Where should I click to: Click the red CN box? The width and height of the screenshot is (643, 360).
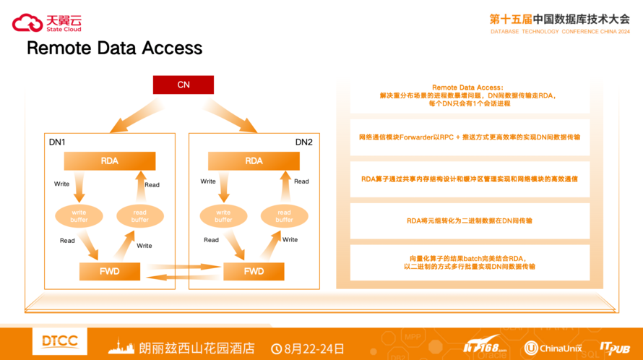click(x=184, y=85)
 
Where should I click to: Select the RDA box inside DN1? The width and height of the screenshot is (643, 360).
click(x=110, y=160)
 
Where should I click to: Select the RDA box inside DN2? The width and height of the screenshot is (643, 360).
click(x=254, y=160)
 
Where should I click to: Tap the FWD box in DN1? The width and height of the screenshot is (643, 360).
click(x=109, y=272)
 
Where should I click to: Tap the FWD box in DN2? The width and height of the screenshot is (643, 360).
click(x=254, y=272)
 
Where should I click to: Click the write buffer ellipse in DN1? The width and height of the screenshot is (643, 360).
click(x=79, y=215)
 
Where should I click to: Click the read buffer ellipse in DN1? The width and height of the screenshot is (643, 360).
click(x=140, y=215)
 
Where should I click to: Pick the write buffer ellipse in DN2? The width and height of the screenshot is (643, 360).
click(x=223, y=215)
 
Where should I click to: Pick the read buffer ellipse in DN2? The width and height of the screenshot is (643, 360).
click(x=284, y=215)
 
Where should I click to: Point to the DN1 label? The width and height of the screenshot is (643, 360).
click(x=57, y=142)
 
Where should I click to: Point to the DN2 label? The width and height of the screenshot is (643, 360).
click(x=304, y=142)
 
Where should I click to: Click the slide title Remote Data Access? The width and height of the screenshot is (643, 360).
click(x=114, y=48)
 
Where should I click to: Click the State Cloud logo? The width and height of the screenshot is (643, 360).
click(x=47, y=23)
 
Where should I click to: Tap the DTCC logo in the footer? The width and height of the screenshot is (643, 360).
click(x=60, y=342)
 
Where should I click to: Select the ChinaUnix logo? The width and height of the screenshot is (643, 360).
click(x=553, y=348)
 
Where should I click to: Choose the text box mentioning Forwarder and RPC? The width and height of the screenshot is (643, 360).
click(x=470, y=137)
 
